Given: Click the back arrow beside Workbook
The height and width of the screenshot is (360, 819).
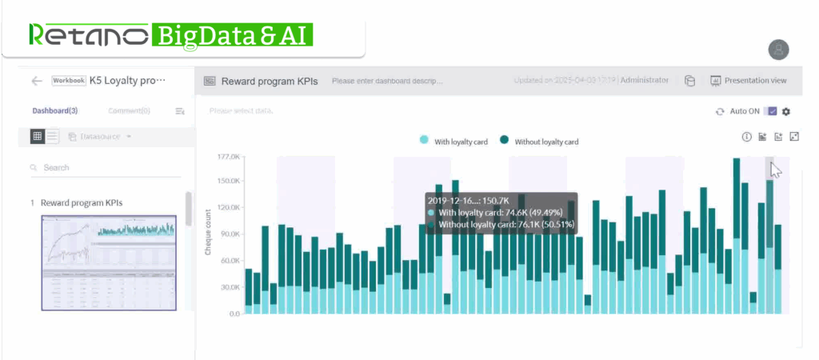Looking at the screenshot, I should [36, 81].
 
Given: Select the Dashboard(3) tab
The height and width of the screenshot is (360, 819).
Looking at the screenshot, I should [55, 110].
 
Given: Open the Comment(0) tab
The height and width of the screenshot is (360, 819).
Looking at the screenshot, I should [129, 110].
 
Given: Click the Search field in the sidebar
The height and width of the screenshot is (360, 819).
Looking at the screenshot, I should [104, 168].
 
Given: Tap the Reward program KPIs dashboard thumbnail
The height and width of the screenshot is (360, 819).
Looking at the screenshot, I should [108, 262].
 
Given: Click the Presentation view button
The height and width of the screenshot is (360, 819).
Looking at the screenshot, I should [749, 81].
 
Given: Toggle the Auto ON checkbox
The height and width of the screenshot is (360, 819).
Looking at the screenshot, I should [771, 111].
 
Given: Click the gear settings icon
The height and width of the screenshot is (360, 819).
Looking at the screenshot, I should [786, 111].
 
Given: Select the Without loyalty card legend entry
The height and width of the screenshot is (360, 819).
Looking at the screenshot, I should [539, 142].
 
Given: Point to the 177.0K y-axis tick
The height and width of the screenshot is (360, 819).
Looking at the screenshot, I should [229, 157].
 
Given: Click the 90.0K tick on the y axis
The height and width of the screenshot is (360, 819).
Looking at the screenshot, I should [229, 234].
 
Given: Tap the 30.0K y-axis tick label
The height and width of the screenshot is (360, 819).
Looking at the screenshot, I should [229, 287].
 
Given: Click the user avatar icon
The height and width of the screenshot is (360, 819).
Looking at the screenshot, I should [778, 50].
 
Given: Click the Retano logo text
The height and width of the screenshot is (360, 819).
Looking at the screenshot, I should [88, 34].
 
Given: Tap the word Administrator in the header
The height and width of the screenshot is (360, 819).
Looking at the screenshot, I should [645, 81].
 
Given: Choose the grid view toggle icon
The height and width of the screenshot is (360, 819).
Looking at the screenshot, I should [37, 137].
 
